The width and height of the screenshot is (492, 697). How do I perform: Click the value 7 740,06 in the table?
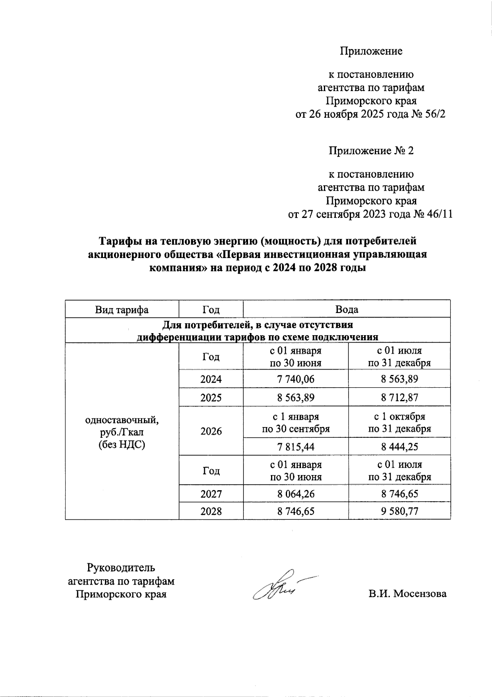pyautogui.click(x=296, y=379)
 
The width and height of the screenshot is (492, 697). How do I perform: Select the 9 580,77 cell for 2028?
pyautogui.click(x=399, y=511)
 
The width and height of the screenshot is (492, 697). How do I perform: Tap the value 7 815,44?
pyautogui.click(x=296, y=447)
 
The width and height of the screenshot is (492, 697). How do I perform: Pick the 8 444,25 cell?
pyautogui.click(x=399, y=447)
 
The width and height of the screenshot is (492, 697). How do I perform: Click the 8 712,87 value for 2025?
pyautogui.click(x=399, y=398)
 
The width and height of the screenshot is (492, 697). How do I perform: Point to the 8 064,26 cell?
pyautogui.click(x=296, y=494)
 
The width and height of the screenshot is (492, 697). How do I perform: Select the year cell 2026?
pyautogui.click(x=211, y=431)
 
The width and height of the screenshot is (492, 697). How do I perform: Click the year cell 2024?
pyautogui.click(x=211, y=379)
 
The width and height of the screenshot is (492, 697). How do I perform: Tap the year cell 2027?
pyautogui.click(x=211, y=494)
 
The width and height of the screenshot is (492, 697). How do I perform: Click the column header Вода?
pyautogui.click(x=346, y=310)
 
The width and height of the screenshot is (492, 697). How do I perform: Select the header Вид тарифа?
pyautogui.click(x=122, y=310)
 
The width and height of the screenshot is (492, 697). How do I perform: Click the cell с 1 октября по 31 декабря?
pyautogui.click(x=399, y=423)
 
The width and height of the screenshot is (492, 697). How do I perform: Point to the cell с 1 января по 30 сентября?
pyautogui.click(x=296, y=423)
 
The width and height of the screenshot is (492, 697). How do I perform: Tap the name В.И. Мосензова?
pyautogui.click(x=407, y=594)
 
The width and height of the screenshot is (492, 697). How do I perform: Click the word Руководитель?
pyautogui.click(x=121, y=568)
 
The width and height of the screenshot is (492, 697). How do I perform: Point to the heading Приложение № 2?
pyautogui.click(x=371, y=151)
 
